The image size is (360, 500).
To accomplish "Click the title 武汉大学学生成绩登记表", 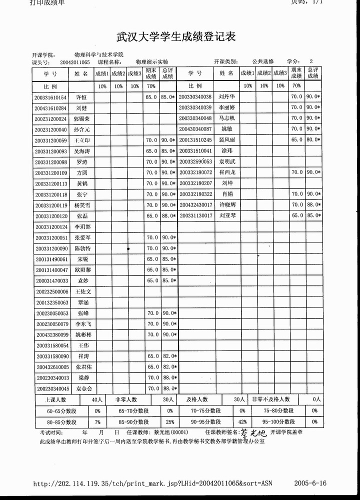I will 175,37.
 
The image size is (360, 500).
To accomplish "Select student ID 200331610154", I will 50,97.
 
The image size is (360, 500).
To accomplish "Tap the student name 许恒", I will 81,97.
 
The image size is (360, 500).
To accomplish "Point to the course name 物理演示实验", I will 152,62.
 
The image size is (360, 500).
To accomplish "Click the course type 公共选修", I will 262,61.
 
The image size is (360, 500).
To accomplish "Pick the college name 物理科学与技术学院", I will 98,54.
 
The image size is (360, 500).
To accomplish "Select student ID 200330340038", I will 195,96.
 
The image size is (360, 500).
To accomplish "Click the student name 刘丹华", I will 226,96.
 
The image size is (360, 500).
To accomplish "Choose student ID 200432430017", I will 195,205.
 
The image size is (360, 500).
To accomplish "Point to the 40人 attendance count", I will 97,399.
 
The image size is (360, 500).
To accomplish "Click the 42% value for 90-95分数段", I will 242,421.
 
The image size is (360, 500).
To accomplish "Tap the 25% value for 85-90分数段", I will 170,421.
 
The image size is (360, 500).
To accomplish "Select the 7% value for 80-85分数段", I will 97,421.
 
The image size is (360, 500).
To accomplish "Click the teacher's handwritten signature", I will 254,432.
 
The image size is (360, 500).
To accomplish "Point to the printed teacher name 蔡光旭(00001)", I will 157,432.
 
